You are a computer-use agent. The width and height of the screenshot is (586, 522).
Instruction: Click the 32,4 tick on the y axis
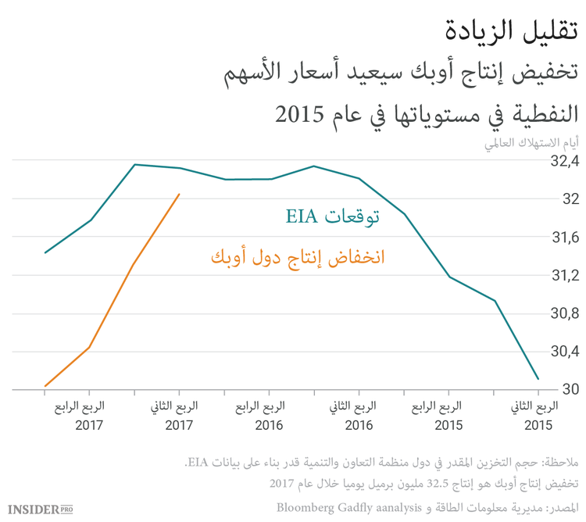[564, 163]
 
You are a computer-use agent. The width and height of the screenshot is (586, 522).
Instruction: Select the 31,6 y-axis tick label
[564, 238]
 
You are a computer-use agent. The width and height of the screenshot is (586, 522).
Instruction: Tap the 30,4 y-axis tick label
[564, 352]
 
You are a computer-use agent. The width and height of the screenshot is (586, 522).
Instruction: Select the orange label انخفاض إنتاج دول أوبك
[298, 257]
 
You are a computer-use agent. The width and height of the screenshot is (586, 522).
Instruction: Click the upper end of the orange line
[180, 195]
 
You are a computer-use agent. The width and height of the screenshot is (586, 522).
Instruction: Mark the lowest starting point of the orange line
[45, 386]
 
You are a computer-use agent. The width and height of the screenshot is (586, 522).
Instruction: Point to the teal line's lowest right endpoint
[538, 379]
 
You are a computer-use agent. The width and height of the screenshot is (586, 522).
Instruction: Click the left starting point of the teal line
[45, 252]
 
